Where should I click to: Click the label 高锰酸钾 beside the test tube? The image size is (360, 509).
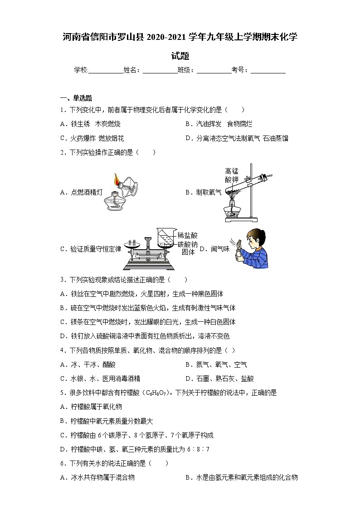[x=232, y=175]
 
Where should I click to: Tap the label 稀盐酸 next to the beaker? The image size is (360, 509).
[x=188, y=236]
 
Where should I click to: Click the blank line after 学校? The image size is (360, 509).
[x=106, y=70]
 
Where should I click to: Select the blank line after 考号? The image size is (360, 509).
[x=268, y=70]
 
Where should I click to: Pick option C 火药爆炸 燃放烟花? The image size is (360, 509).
[x=92, y=138]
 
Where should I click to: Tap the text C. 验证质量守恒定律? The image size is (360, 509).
[x=91, y=249]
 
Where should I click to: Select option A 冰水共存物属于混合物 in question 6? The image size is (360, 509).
[x=97, y=477]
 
